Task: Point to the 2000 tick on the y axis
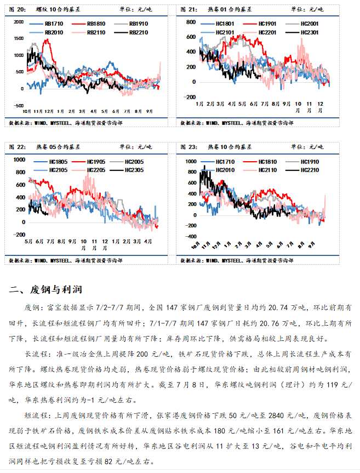tap(19, 22)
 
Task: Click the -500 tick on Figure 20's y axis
tap(18, 106)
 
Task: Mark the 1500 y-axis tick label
tap(19, 39)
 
